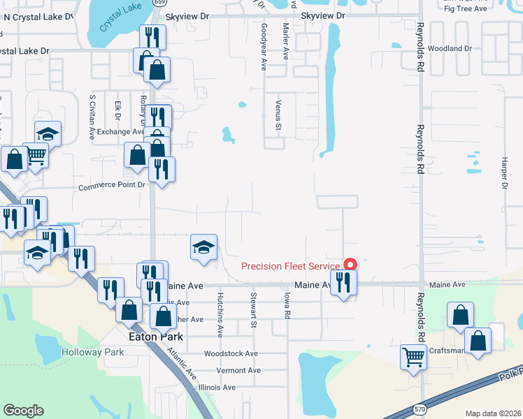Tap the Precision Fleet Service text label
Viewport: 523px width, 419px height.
290,266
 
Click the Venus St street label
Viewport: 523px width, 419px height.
278,115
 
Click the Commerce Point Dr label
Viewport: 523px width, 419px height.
111,186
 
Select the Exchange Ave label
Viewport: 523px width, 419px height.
120,131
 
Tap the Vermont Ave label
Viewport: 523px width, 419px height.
238,370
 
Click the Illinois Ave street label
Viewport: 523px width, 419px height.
217,387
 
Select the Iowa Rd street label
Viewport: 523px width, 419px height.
287,305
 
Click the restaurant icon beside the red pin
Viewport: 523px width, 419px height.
343,282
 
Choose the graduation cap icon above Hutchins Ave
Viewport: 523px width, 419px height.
203,247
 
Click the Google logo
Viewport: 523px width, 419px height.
23,411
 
